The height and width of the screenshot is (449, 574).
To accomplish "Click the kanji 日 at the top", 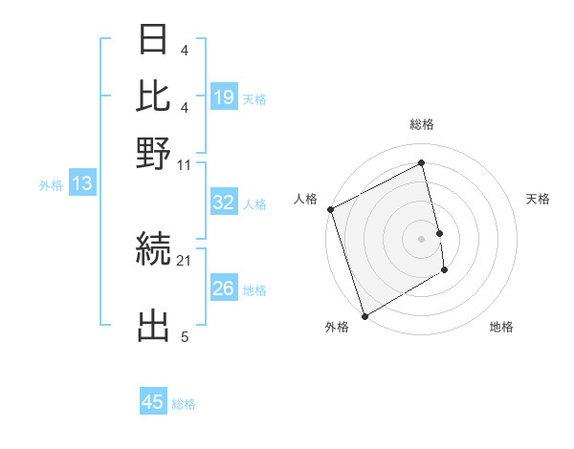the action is [x=153, y=40].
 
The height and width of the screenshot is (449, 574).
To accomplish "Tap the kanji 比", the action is [x=153, y=96].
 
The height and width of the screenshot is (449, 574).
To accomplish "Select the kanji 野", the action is [x=153, y=152].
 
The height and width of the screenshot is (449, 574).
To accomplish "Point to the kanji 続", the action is [x=153, y=251].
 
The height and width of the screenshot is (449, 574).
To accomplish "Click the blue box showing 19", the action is [x=224, y=96].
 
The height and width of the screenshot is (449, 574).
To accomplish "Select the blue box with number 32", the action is [x=224, y=203].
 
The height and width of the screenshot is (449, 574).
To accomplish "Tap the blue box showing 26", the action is [x=224, y=289].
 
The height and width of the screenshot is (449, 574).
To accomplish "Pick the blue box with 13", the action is [x=81, y=184].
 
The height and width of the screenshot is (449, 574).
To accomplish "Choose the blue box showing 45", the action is [x=153, y=402].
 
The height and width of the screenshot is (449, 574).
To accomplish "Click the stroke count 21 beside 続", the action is [x=185, y=260].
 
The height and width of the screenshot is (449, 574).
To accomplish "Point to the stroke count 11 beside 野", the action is [x=185, y=165].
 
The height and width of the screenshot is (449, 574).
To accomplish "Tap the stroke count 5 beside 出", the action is [x=185, y=336].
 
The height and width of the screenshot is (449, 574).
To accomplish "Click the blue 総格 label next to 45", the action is [x=184, y=404].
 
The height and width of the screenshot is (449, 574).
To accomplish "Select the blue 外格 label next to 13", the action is [x=50, y=185].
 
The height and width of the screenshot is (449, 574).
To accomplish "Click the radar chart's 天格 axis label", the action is [x=539, y=199].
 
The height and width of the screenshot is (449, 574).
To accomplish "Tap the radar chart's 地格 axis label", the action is [x=501, y=328].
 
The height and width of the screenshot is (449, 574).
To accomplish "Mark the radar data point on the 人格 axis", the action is [x=330, y=209].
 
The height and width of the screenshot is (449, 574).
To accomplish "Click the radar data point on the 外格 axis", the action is [x=364, y=315].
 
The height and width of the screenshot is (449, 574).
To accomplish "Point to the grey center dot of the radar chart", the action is [x=422, y=238].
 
